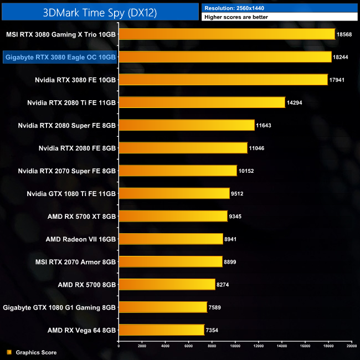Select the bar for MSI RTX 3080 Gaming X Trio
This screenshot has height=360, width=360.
click(x=227, y=34)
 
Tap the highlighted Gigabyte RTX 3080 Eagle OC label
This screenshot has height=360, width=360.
click(x=60, y=57)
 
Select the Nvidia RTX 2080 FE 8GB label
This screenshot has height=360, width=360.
click(x=77, y=148)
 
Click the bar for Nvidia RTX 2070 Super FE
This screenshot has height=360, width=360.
click(x=178, y=171)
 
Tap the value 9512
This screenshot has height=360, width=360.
click(x=240, y=193)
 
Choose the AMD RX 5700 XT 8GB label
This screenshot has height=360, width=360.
click(x=81, y=216)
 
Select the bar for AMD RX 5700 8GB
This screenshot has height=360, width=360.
click(x=167, y=284)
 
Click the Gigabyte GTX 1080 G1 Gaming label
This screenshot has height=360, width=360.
click(x=59, y=307)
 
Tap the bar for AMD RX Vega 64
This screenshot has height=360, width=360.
click(x=161, y=330)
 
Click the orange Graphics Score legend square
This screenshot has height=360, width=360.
click(x=8, y=352)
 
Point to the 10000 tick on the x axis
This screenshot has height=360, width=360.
click(x=235, y=346)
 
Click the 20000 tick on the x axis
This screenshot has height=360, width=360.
click(x=350, y=346)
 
